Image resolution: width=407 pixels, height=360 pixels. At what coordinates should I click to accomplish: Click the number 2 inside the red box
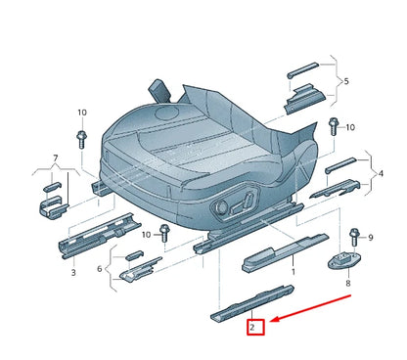tap(253, 327)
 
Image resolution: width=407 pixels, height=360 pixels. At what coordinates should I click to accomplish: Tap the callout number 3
tap(72, 274)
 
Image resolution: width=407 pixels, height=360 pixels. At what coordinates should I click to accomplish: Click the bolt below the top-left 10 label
tap(81, 136)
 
